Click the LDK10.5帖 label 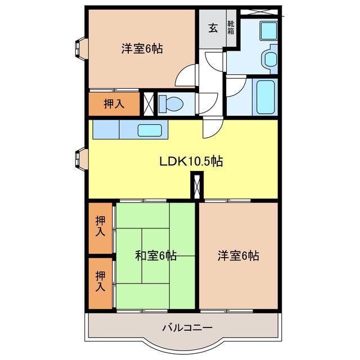tap(191, 161)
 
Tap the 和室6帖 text tap(156, 255)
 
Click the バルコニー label tap(187, 327)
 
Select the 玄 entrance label tap(213, 28)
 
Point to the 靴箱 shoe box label tap(231, 28)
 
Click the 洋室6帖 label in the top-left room tap(142, 49)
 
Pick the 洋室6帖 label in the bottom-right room tap(238, 255)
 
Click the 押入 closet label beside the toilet tap(114, 103)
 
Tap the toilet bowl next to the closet tap(171, 104)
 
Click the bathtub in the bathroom tap(265, 97)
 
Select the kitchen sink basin tap(150, 130)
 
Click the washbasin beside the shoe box tap(269, 31)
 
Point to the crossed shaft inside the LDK tap(197, 186)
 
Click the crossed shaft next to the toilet tap(148, 103)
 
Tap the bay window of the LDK tap(81, 159)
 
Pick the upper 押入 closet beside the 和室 tap(100, 228)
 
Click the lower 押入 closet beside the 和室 tap(100, 283)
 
